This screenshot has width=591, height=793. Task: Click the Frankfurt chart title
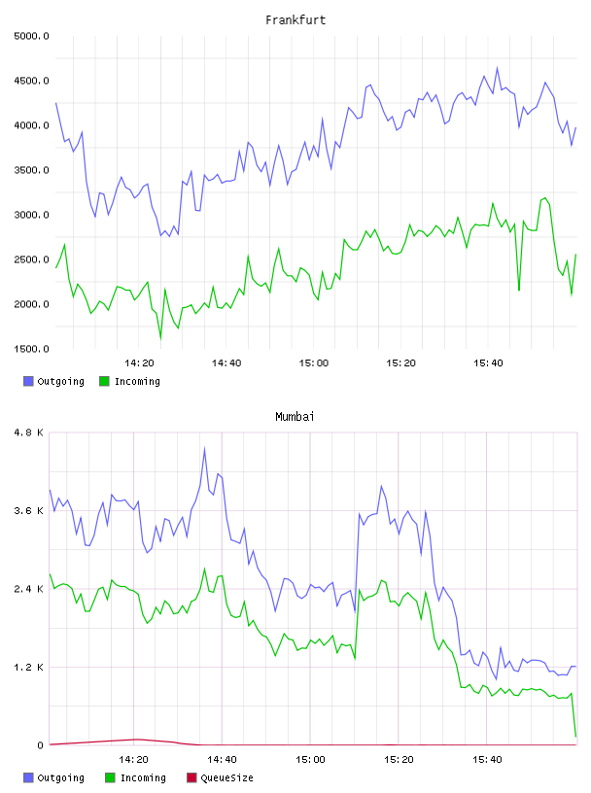coord(295,20)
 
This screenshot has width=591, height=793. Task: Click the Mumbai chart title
coord(295,417)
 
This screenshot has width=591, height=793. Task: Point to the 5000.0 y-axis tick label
coord(31,36)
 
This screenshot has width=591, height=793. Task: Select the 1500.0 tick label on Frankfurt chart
coord(31,349)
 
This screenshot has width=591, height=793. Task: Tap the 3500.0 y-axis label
coord(31,170)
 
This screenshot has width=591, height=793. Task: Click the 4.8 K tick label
coord(29,432)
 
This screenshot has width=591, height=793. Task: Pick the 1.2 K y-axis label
coord(29,667)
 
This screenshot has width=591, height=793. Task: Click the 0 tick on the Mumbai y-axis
coord(40,745)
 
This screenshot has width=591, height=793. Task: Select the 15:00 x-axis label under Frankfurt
coord(314,363)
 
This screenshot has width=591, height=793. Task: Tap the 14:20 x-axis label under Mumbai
coord(133,760)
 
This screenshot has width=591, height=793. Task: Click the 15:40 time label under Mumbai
coord(487,760)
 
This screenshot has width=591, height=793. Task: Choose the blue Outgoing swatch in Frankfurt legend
coord(28,381)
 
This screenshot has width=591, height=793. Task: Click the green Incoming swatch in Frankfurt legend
coord(104,381)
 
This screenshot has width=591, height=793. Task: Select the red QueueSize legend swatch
coord(191,777)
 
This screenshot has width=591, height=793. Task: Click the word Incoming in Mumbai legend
coord(143,777)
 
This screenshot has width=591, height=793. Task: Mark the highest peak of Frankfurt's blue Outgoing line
coord(497,67)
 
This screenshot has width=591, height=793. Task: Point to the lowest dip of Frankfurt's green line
coord(161,338)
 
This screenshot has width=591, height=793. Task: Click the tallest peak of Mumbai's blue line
coord(204,448)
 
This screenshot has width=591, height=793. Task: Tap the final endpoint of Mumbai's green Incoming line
coord(575,737)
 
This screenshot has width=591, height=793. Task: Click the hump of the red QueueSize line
coord(136,740)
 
